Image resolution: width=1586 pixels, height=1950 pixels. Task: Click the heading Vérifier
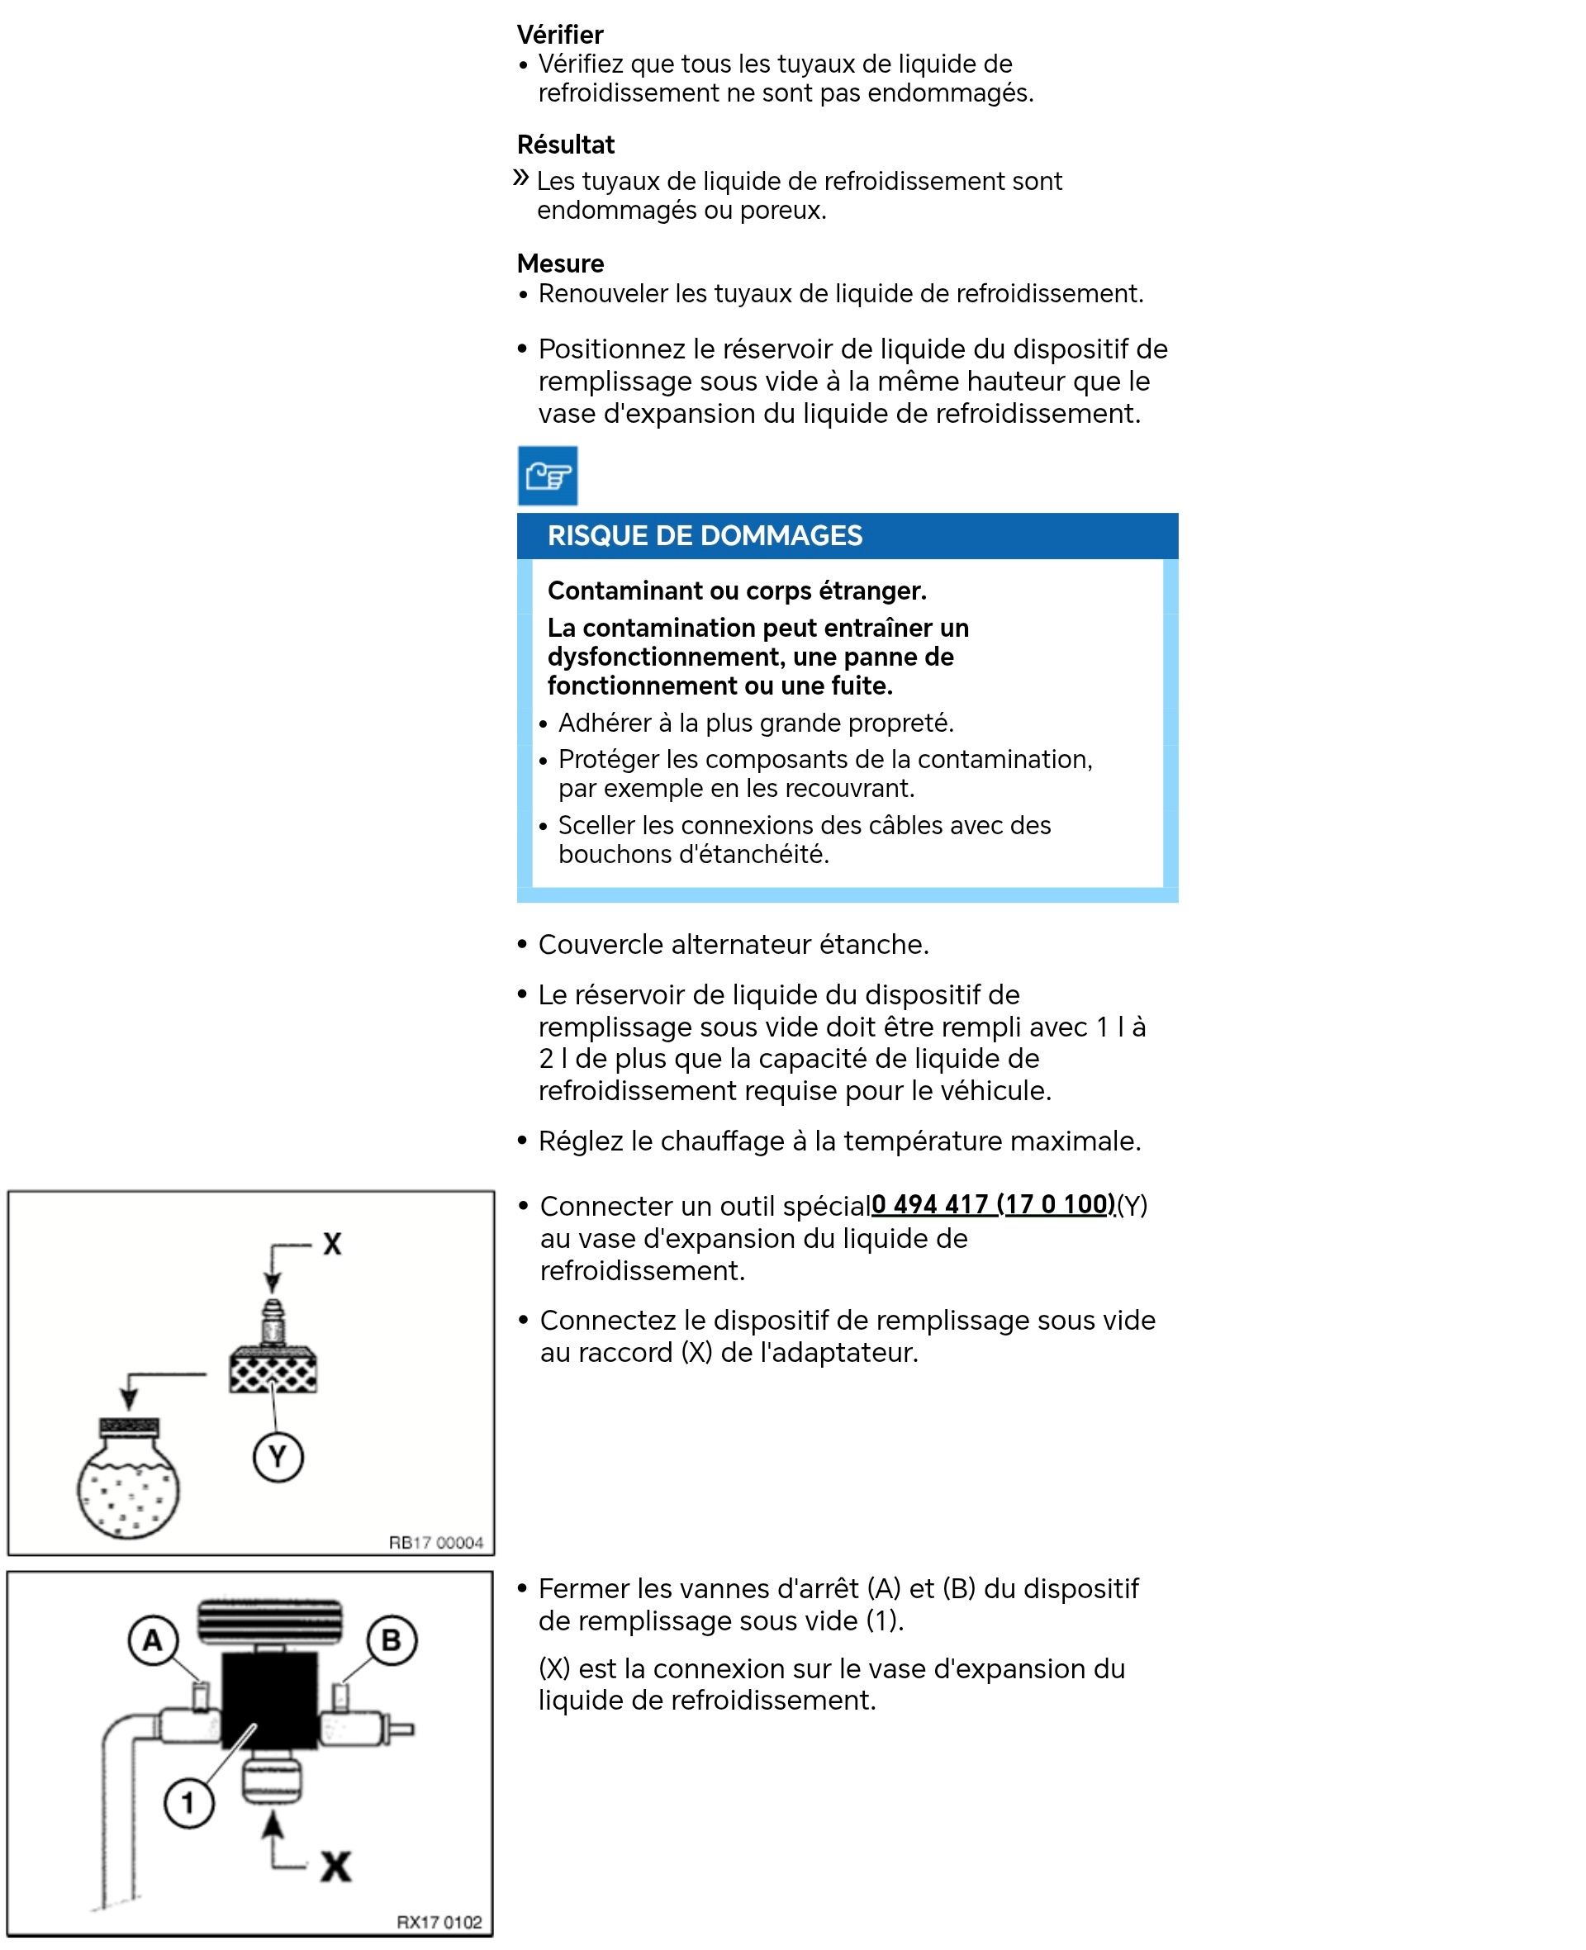coord(559,35)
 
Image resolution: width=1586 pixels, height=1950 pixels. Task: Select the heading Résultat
coord(566,145)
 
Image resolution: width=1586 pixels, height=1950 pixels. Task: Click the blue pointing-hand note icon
coord(547,475)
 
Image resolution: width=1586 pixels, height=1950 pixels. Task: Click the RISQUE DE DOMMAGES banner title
coord(704,535)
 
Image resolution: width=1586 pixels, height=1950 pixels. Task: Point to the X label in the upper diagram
coord(331,1243)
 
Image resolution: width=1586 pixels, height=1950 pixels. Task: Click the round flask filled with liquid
coord(128,1486)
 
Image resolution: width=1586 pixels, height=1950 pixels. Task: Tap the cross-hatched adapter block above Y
coord(273,1370)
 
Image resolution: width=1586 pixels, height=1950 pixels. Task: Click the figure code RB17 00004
coord(436,1542)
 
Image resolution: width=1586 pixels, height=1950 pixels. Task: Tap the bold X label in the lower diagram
coord(335,1866)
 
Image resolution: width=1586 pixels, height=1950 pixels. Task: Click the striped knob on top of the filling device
coord(270,1621)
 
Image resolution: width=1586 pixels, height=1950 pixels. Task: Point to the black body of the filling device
coord(269,1699)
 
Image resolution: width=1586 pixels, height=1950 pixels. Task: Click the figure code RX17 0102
coord(439,1922)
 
